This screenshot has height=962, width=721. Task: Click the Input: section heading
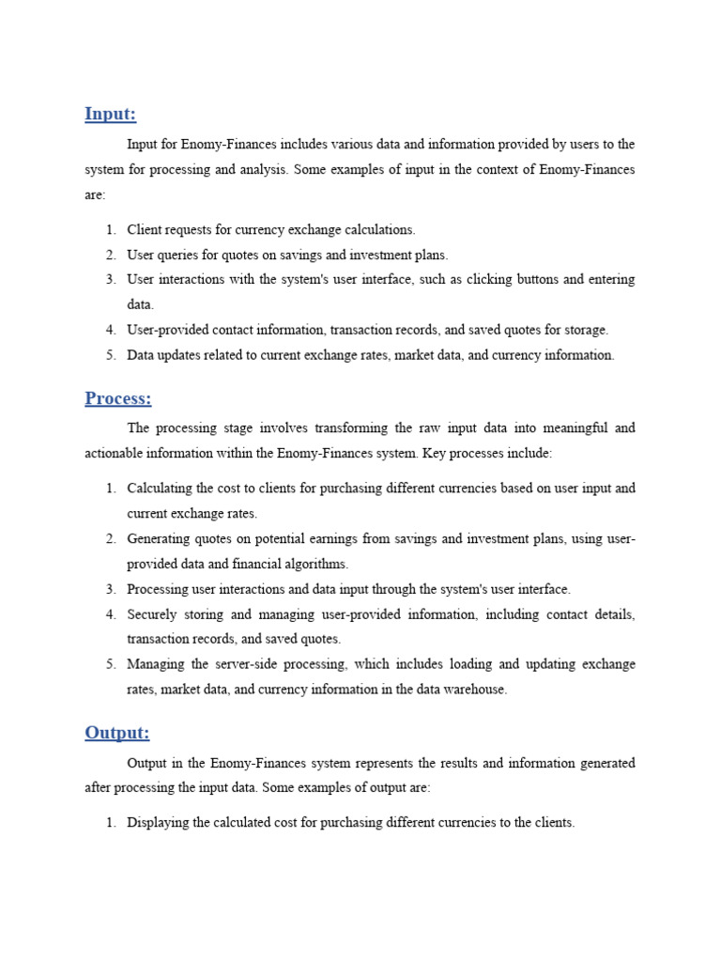tap(110, 115)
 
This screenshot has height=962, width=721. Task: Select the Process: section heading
tap(117, 398)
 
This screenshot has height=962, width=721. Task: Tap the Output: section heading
tap(116, 733)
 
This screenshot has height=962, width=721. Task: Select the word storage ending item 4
tap(585, 330)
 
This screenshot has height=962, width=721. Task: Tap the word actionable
tap(115, 453)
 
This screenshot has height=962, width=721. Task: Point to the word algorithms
tap(314, 564)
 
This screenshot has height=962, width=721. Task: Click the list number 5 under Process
tap(110, 664)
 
